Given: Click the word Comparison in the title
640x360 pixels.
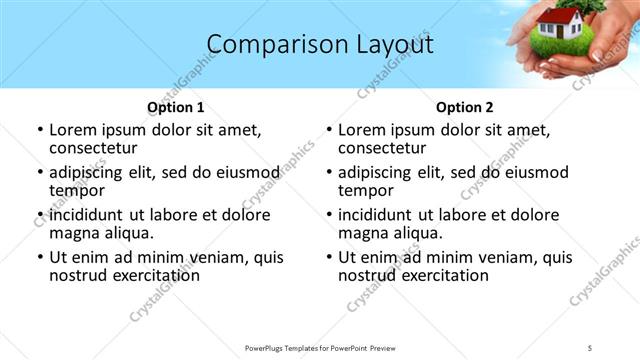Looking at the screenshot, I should [263, 45].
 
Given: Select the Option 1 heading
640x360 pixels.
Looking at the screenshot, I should [176, 106].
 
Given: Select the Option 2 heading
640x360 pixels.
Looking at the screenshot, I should [465, 106].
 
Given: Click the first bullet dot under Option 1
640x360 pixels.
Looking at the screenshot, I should [40, 130].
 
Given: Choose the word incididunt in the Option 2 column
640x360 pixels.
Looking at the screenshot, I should [380, 215].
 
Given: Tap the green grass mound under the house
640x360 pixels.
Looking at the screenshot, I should [556, 46].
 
